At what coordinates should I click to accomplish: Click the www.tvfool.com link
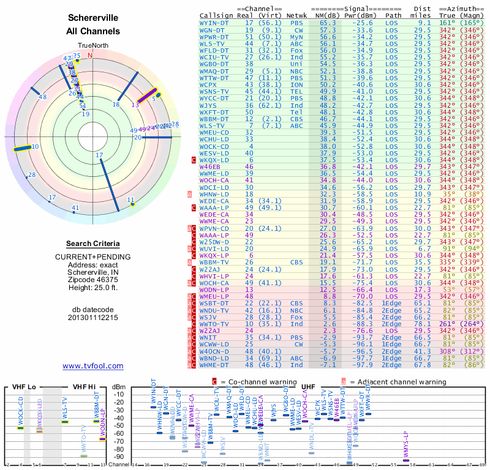(x=93, y=366)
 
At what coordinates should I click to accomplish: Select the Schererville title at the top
(x=93, y=18)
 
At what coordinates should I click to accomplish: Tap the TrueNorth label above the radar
(x=92, y=46)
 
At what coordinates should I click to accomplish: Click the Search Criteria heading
(x=93, y=244)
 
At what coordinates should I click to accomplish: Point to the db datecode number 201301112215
(x=93, y=317)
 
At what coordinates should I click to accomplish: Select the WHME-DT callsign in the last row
(x=214, y=365)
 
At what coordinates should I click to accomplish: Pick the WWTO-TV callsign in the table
(x=214, y=324)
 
